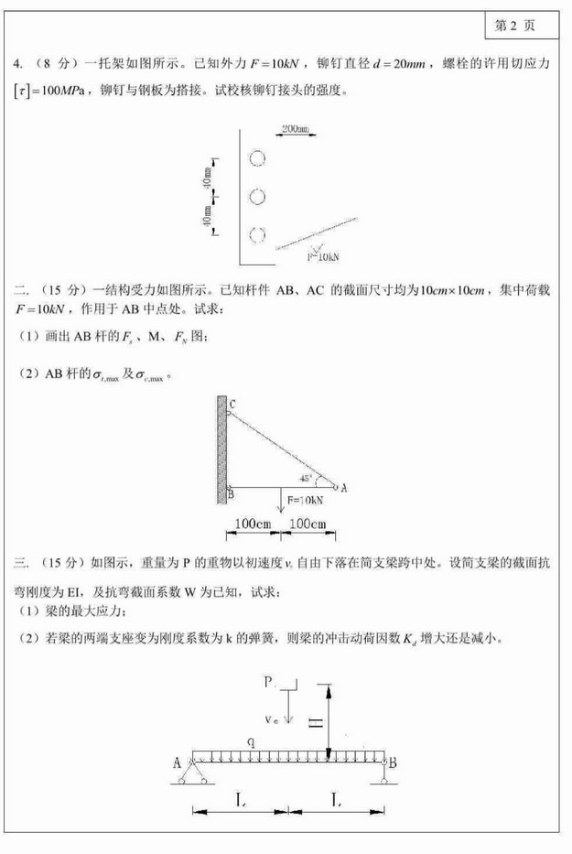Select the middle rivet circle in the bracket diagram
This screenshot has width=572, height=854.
pyautogui.click(x=258, y=197)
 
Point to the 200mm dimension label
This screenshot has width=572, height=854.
pyautogui.click(x=295, y=128)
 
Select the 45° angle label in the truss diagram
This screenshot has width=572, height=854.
pyautogui.click(x=307, y=478)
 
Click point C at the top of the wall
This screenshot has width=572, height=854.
pyautogui.click(x=232, y=404)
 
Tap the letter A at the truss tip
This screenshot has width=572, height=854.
pyautogui.click(x=343, y=488)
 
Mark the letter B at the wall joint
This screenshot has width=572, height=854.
pyautogui.click(x=231, y=495)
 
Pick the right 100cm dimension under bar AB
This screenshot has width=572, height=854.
pyautogui.click(x=308, y=524)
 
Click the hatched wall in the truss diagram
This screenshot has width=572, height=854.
pyautogui.click(x=221, y=449)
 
